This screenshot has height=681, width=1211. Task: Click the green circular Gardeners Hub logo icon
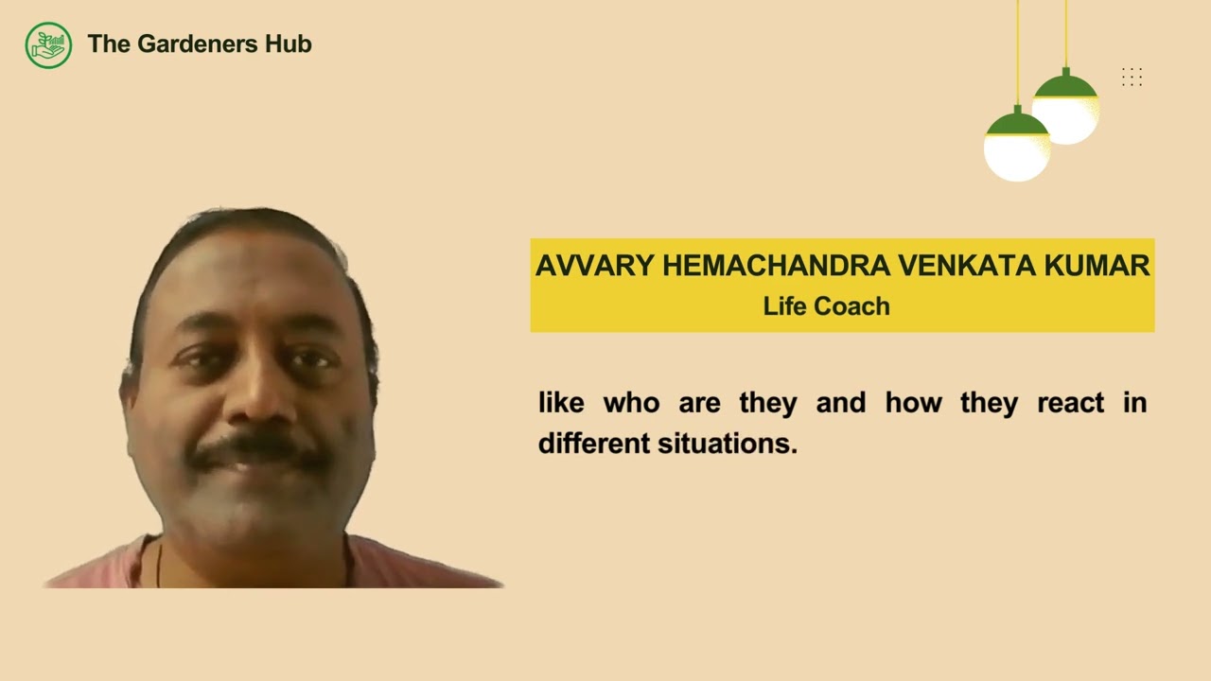coord(48,44)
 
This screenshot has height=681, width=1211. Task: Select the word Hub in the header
coord(289,44)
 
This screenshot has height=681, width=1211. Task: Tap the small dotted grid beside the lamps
coord(1132,78)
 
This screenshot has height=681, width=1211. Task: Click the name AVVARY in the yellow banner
coord(595,266)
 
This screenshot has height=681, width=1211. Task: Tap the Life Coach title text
coord(826,306)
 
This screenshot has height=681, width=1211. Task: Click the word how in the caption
coord(913,403)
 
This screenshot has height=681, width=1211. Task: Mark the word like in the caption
coord(561,403)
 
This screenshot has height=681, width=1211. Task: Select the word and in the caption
coord(840,403)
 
